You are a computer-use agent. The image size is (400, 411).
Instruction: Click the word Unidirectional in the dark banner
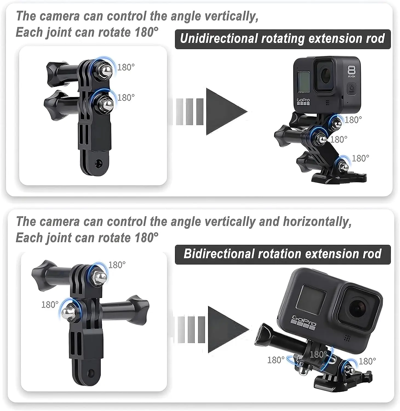tap(218, 39)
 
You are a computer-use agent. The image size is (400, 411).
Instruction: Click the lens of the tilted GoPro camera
tap(357, 307)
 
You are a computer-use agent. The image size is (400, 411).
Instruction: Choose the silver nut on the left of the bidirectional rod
tap(68, 312)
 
